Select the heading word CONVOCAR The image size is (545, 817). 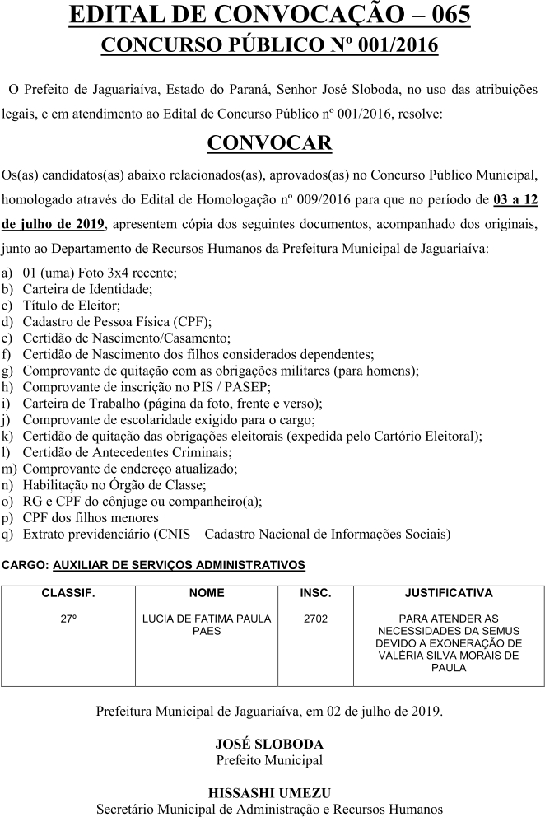coord(269,143)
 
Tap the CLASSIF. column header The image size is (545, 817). coord(68,592)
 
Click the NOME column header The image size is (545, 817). coord(206,592)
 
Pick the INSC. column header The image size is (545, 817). coord(315,592)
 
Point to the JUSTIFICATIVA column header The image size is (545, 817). coord(448,592)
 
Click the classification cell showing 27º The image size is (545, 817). coord(68,618)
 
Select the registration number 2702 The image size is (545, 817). coord(315,618)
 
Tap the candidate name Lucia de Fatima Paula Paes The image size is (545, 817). coord(206,624)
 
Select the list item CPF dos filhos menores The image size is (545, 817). coord(91,517)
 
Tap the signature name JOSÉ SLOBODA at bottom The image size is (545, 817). coord(269,744)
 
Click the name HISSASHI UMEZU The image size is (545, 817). coord(269,792)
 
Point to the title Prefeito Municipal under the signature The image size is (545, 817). coord(269,759)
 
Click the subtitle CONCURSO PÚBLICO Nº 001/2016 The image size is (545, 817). coord(269,45)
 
